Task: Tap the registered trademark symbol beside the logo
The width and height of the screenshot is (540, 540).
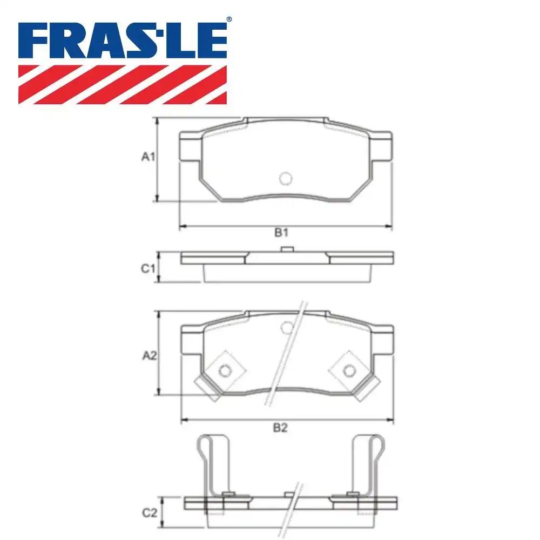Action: [229, 19]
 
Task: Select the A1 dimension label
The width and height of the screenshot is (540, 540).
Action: [148, 157]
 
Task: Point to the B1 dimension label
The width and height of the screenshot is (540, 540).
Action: [280, 233]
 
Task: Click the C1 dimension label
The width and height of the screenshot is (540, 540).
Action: [148, 268]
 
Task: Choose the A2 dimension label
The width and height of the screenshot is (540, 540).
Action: [149, 355]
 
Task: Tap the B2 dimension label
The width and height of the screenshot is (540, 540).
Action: [280, 428]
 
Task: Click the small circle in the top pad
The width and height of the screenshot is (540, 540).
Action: [285, 178]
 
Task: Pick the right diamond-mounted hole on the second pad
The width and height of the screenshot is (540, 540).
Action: [349, 370]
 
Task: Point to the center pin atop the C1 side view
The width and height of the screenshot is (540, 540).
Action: [287, 249]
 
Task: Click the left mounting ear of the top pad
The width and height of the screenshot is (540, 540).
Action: [190, 147]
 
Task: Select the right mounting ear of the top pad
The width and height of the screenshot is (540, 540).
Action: [381, 147]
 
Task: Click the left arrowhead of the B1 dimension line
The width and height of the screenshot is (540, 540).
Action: [183, 226]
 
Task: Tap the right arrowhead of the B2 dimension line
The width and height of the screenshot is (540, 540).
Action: [391, 420]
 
